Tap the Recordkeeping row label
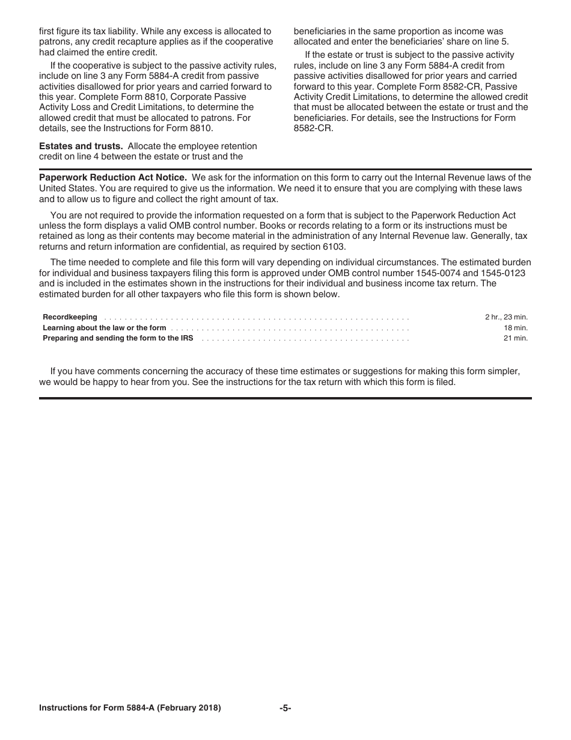tap(70, 317)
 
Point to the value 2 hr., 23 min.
tap(506, 317)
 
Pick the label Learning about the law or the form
tap(104, 328)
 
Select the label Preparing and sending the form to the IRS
tap(118, 338)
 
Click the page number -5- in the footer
tap(285, 708)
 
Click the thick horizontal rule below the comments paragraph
tap(285, 398)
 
